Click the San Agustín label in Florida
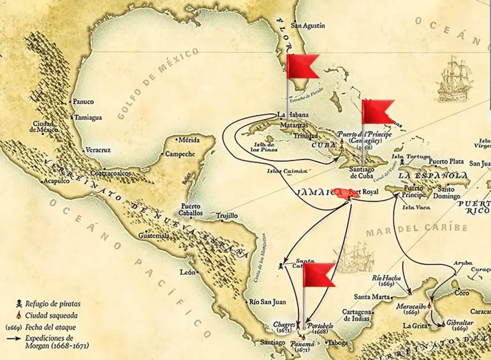[x=308, y=26]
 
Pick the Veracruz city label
[x=99, y=151]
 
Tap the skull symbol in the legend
[x=19, y=304]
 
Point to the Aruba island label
[x=445, y=263]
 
